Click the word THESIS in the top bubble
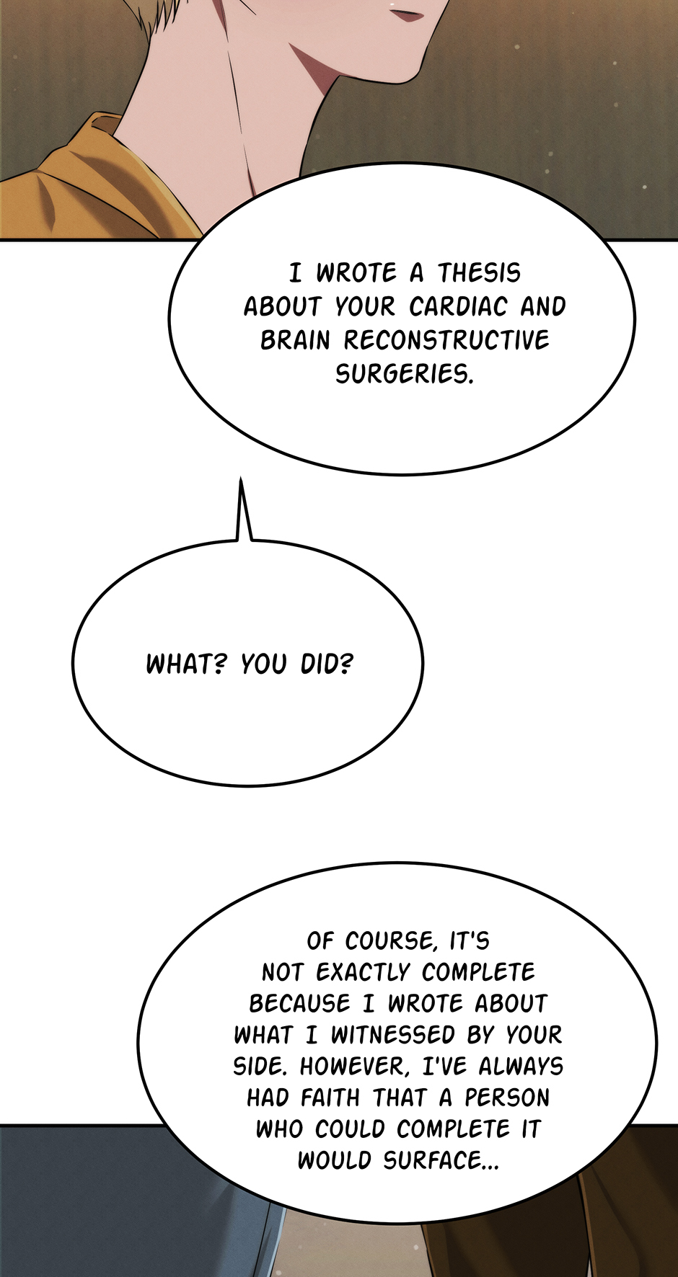point(479,273)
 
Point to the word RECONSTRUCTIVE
point(446,340)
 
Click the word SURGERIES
point(404,374)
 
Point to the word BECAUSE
point(299,1003)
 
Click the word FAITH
point(330,1098)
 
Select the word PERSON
point(506,1098)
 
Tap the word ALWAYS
point(521,1067)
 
